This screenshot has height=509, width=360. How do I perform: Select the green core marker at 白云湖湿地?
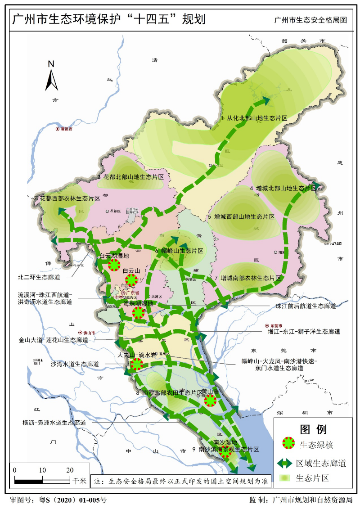(x=115, y=265)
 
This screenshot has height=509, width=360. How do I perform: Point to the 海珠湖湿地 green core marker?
(x=139, y=313)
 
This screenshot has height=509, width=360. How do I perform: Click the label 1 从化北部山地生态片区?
(x=254, y=117)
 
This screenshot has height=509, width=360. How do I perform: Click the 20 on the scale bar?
(x=70, y=470)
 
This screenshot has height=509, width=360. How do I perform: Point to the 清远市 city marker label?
(x=66, y=129)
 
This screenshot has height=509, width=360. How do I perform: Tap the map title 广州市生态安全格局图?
(x=310, y=21)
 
